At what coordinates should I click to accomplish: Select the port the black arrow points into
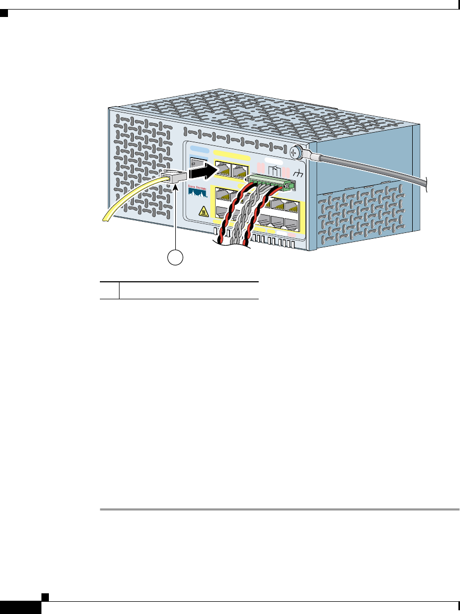tap(224, 170)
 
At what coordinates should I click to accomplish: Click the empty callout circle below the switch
tap(176, 258)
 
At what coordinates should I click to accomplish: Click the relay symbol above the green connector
tap(275, 171)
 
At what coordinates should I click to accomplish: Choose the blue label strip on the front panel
tap(199, 150)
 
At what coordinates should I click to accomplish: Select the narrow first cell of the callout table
tap(110, 290)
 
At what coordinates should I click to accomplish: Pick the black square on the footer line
tap(45, 596)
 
